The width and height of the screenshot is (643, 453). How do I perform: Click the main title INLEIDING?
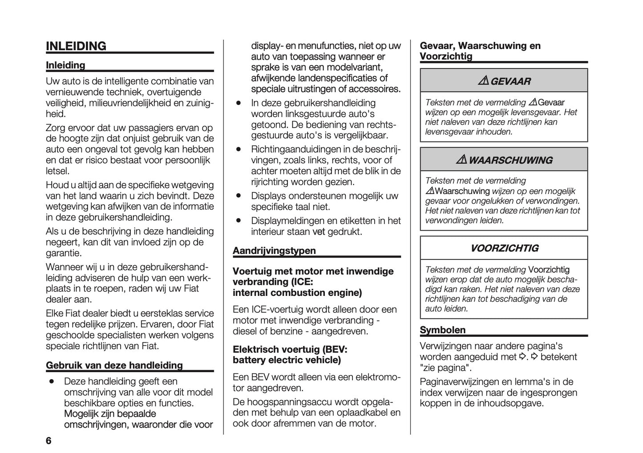[x=76, y=46]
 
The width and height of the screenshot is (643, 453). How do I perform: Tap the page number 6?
[x=49, y=441]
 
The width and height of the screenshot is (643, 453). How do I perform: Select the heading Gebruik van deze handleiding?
[x=114, y=365]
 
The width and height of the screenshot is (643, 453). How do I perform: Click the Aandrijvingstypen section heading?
[x=274, y=251]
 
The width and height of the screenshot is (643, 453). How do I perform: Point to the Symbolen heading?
[x=443, y=330]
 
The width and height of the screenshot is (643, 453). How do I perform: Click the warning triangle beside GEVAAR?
[x=483, y=81]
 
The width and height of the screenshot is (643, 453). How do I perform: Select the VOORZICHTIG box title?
[x=504, y=248]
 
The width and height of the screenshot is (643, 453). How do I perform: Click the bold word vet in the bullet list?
[x=319, y=232]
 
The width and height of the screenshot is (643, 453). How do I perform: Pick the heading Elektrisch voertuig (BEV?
[x=290, y=349]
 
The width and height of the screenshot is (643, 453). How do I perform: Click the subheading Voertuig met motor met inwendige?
[x=313, y=271]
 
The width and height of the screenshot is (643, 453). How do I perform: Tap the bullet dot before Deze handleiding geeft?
[x=53, y=381]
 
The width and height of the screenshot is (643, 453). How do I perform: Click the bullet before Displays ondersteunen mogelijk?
[x=239, y=195]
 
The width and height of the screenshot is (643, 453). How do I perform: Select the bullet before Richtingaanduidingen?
[x=239, y=148]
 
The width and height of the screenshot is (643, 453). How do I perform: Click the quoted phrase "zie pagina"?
[x=445, y=368]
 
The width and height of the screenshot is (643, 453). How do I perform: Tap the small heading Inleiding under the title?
[x=65, y=65]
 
